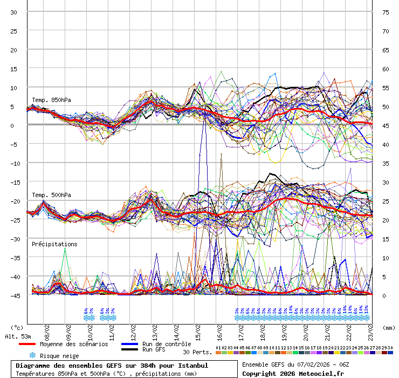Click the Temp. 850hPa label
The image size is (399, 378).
coord(51,100)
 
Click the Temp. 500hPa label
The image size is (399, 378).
coord(51,195)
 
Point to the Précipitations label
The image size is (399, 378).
coord(54,244)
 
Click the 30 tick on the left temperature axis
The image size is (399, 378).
coord(14,12)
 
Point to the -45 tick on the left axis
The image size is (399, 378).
coord(14,295)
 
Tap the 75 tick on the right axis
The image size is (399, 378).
coord(386,12)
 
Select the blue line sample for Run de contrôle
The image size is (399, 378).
coord(129,344)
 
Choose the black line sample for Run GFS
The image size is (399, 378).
coord(129,350)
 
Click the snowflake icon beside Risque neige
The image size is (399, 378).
coord(32,355)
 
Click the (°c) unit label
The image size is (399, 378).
coord(18,327)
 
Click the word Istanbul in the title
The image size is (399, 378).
coord(192,366)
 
